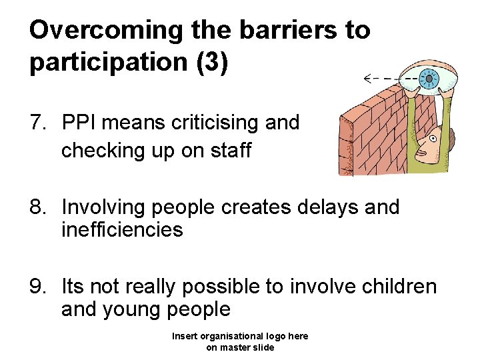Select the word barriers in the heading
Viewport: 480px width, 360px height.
click(279, 30)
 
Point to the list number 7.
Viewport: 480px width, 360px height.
click(37, 123)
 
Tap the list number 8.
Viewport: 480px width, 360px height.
click(37, 207)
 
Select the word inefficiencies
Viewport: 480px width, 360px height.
click(122, 230)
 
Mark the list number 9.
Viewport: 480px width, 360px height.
click(37, 287)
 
